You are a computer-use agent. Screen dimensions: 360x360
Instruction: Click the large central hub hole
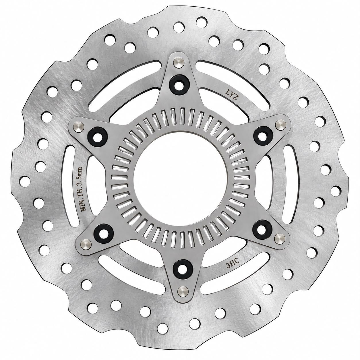tap(181, 180)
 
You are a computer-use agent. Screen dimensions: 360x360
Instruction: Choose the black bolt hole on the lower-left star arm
tap(104, 233)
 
